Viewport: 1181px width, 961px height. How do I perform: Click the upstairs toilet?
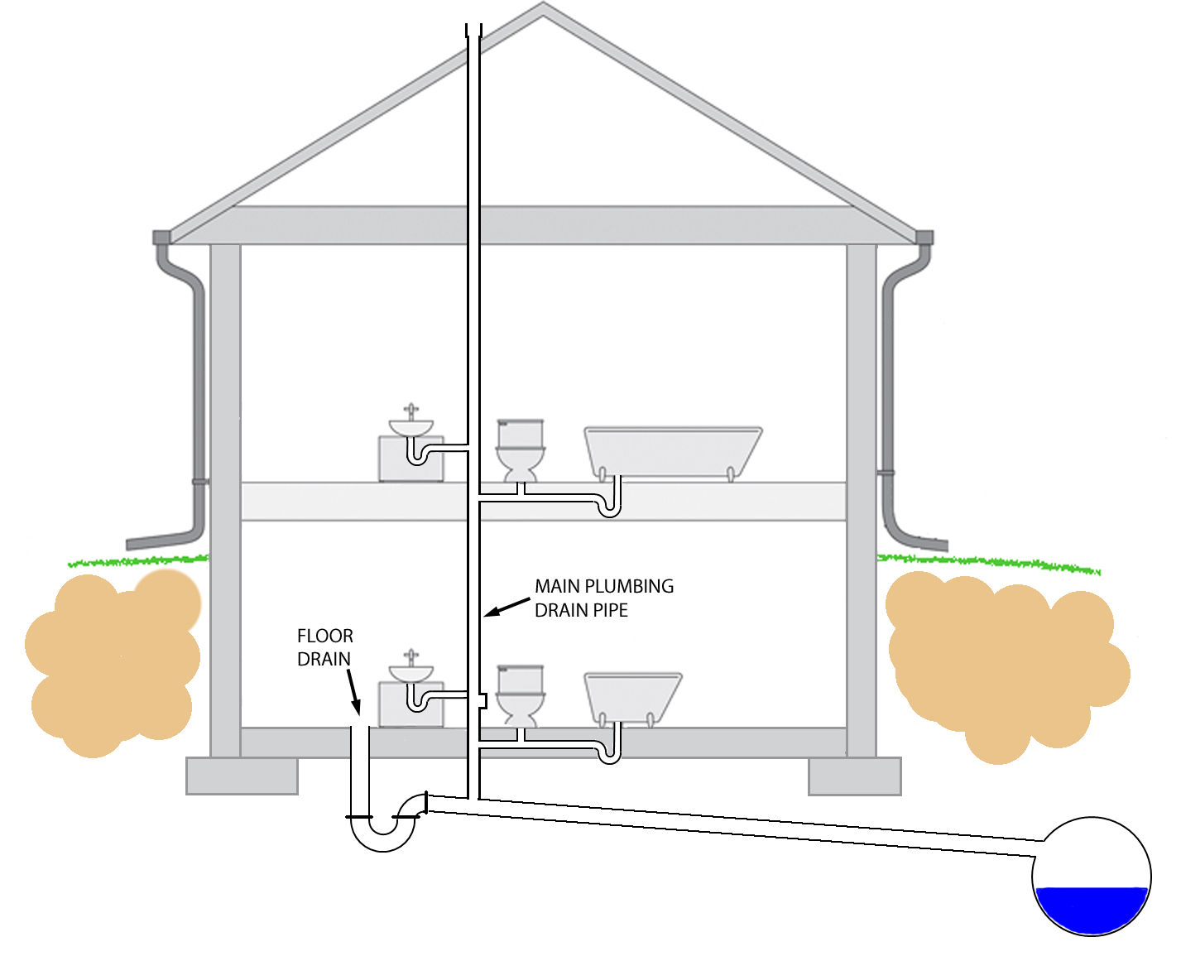tap(520, 450)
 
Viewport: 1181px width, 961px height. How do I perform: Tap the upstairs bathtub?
tap(673, 453)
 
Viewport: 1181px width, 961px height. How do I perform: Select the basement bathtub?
tap(633, 699)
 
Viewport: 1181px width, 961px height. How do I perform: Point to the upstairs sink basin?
tap(410, 428)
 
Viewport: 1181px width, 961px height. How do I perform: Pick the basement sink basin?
tap(410, 673)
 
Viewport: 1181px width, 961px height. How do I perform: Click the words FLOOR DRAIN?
tap(325, 647)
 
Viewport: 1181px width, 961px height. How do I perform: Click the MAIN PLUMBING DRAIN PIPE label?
tap(604, 598)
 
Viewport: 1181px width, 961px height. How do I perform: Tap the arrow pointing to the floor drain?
tap(353, 691)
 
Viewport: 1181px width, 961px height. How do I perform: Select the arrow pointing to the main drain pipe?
tap(506, 607)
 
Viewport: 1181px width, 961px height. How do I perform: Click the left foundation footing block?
tap(242, 776)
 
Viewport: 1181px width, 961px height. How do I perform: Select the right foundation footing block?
tap(854, 776)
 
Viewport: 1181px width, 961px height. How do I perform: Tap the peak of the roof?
tap(543, 4)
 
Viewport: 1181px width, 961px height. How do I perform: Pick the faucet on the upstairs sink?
tap(410, 411)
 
